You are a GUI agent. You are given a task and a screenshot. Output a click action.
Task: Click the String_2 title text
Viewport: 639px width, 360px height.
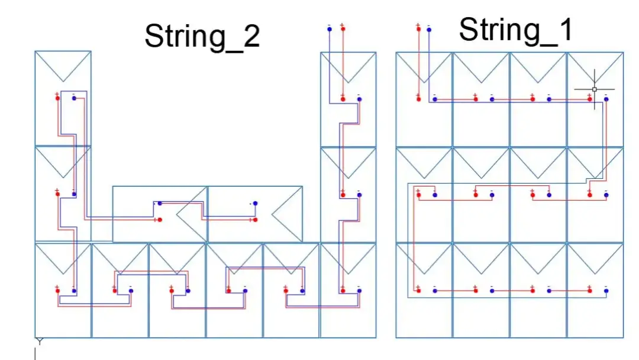202,37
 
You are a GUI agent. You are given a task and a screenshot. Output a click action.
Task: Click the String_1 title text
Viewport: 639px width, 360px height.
516,30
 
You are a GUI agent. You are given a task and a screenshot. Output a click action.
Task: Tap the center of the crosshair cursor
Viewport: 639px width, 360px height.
595,89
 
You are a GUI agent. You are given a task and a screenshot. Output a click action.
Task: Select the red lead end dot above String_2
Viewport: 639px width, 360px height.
343,27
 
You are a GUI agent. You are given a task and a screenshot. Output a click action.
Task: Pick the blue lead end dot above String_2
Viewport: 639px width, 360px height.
329,27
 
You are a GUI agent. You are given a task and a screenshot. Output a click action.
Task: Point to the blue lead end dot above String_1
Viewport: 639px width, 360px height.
429,28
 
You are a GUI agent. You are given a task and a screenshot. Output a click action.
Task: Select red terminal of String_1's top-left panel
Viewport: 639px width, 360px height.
418,99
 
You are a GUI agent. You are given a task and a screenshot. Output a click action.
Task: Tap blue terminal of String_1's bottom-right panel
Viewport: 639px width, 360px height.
606,290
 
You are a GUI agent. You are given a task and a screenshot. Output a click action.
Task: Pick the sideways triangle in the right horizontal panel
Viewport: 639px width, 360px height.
286,214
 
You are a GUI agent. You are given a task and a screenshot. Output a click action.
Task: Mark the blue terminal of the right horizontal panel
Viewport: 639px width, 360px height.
256,204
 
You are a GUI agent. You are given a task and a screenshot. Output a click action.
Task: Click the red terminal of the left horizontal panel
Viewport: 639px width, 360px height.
160,220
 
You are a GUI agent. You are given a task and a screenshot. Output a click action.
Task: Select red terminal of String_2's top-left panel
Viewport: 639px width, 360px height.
57,98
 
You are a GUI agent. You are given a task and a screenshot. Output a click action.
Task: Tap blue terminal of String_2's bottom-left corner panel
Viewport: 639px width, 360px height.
74,291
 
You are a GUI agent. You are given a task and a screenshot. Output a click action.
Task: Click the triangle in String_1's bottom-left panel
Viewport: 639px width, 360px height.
424,258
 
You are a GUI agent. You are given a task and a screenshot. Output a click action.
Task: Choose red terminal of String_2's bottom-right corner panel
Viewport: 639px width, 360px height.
343,291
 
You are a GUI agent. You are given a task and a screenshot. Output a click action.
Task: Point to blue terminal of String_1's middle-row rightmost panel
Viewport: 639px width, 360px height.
606,194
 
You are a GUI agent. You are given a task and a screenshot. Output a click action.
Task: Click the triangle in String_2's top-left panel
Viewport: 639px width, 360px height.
63,66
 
